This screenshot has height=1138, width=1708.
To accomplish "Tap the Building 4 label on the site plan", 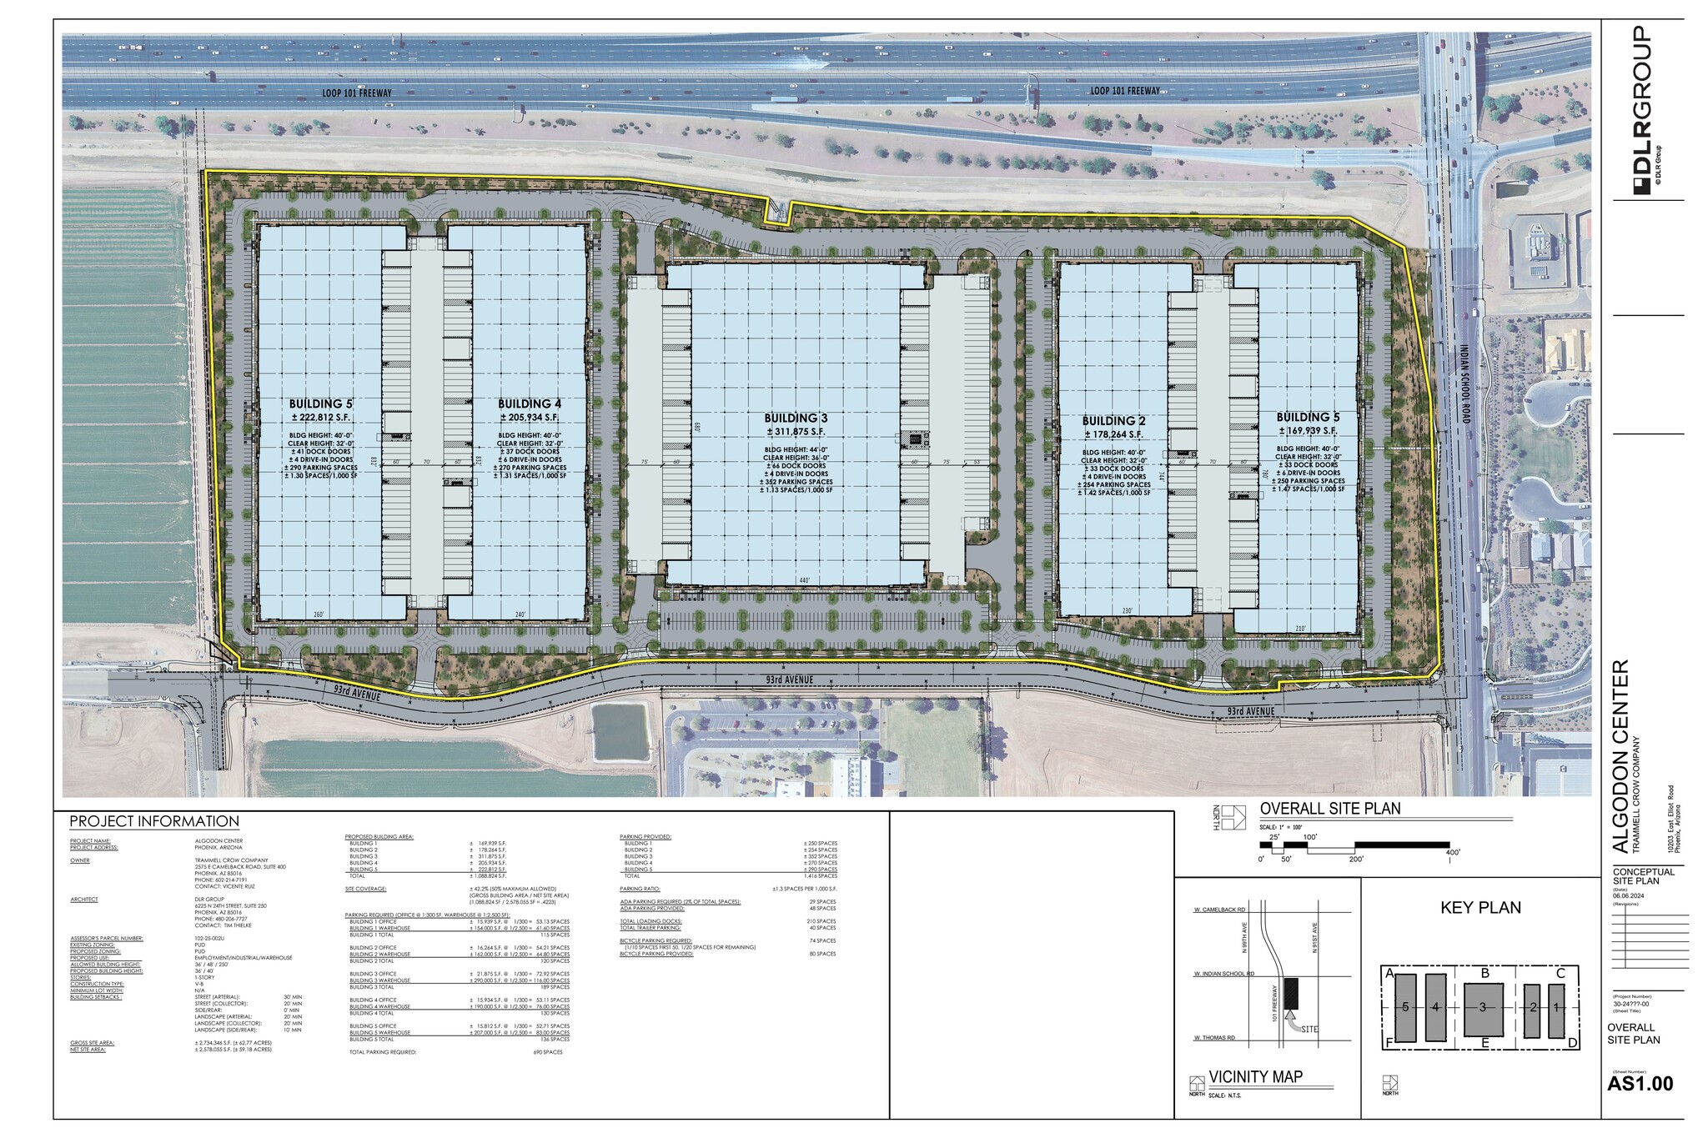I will (x=529, y=404).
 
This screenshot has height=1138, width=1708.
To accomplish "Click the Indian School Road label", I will (x=1465, y=384).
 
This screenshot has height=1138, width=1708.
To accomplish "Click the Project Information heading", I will (x=154, y=821).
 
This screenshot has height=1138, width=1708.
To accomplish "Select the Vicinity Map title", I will (x=1255, y=1077).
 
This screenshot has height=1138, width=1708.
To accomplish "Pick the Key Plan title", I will (x=1480, y=908).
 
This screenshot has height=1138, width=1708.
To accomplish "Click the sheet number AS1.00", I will (x=1640, y=1084).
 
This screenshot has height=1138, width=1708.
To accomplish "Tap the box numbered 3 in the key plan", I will (x=1483, y=1007).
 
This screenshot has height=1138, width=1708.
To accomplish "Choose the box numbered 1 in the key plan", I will (x=1555, y=1007).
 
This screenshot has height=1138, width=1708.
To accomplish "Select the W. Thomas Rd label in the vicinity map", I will (x=1213, y=1039).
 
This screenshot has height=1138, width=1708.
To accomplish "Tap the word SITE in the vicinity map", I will (x=1309, y=1029).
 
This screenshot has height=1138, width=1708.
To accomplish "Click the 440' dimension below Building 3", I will (x=803, y=580).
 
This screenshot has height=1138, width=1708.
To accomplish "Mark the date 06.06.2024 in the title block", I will (x=1630, y=896).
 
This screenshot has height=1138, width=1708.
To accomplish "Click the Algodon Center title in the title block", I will (x=1620, y=757).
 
